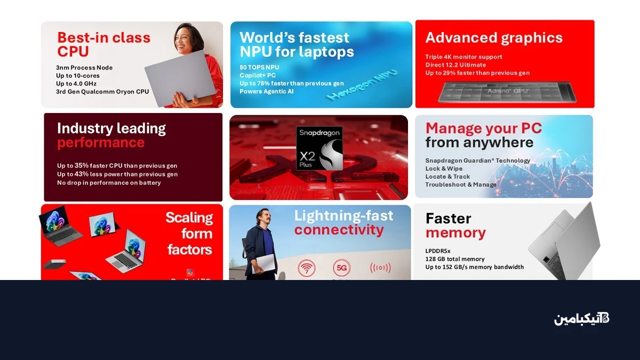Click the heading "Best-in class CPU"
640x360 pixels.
pyautogui.click(x=103, y=44)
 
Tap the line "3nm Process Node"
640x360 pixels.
pyautogui.click(x=84, y=68)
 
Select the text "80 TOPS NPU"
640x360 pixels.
pyautogui.click(x=259, y=67)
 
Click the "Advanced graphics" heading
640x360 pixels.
pyautogui.click(x=494, y=38)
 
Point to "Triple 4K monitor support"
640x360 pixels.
pyautogui.click(x=463, y=57)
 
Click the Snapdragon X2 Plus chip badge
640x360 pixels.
pyautogui.click(x=319, y=148)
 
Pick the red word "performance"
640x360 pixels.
pyautogui.click(x=101, y=142)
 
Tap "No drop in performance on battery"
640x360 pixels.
pyautogui.click(x=109, y=183)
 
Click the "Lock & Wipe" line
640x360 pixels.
pyautogui.click(x=444, y=169)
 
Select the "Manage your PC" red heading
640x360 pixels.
pyautogui.click(x=483, y=129)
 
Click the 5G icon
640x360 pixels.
pyautogui.click(x=341, y=267)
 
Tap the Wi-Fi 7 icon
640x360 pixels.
pyautogui.click(x=306, y=268)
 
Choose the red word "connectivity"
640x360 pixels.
pyautogui.click(x=339, y=230)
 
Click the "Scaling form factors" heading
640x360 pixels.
pyautogui.click(x=189, y=233)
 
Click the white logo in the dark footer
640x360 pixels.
pyautogui.click(x=581, y=319)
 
